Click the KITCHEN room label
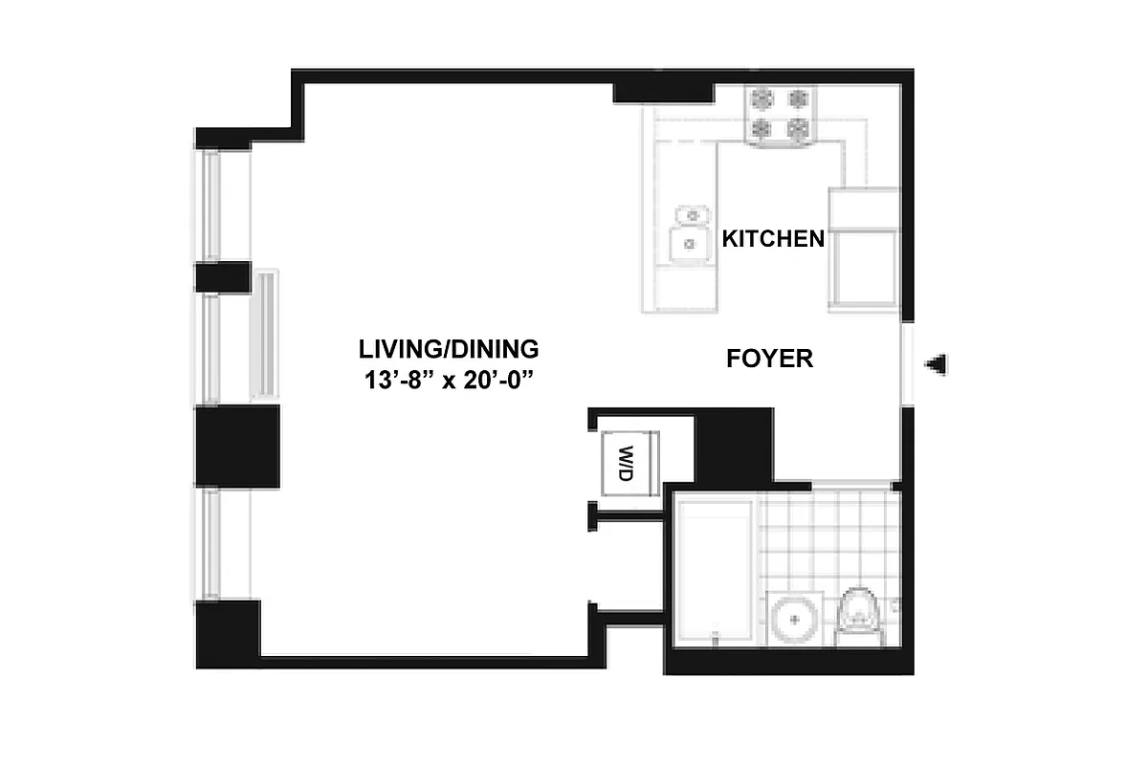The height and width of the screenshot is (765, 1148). coord(772,238)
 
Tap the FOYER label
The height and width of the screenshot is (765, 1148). coord(769,360)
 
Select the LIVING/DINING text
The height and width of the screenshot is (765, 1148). coord(449,348)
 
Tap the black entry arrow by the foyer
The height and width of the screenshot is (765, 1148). coord(938,363)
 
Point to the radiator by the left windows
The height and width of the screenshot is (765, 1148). coord(265,335)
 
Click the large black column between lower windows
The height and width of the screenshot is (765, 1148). coord(237,448)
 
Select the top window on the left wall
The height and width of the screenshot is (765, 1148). coord(211,205)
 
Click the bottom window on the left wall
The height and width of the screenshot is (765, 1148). coord(211,545)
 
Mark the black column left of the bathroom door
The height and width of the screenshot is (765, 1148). coord(733,444)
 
